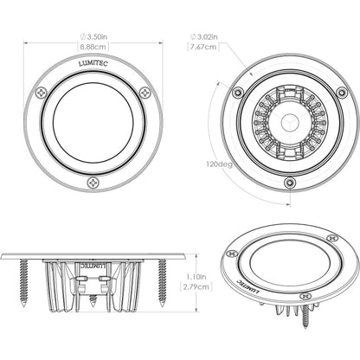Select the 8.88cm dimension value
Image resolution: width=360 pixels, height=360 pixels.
[x=93, y=47]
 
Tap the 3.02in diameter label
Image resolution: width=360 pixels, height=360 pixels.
[x=204, y=37]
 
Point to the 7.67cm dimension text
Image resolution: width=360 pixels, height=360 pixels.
[x=204, y=48]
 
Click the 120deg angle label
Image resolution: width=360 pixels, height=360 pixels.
[x=218, y=164]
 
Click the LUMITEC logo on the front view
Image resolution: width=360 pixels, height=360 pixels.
[x=93, y=63]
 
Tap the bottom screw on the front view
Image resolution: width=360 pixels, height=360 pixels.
[x=93, y=183]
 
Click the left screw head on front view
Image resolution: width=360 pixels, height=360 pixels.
[x=42, y=93]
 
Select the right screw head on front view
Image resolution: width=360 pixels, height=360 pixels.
[x=145, y=93]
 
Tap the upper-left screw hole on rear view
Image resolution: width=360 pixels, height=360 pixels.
[x=237, y=92]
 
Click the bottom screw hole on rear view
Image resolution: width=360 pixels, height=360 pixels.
[x=289, y=183]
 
